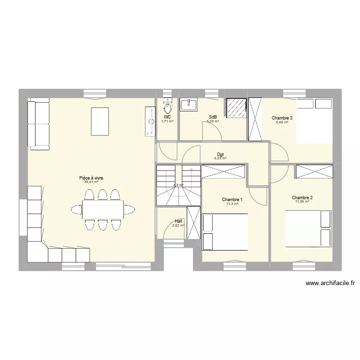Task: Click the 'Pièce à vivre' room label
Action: pos(91,178)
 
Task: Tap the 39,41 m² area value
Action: pos(91,182)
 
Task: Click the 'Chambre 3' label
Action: pos(281,118)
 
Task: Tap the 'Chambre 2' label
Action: pos(302,198)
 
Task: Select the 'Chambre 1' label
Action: pos(232,200)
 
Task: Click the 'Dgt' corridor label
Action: pos(220,155)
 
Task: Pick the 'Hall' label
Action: pos(179,221)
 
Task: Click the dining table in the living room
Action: pos(102,209)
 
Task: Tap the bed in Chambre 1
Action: pos(225,232)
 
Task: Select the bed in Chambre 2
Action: pos(309,228)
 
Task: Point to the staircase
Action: pos(178,185)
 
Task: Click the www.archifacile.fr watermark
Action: pos(330,284)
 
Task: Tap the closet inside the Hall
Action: pos(193,222)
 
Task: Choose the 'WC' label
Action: pos(167,117)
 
